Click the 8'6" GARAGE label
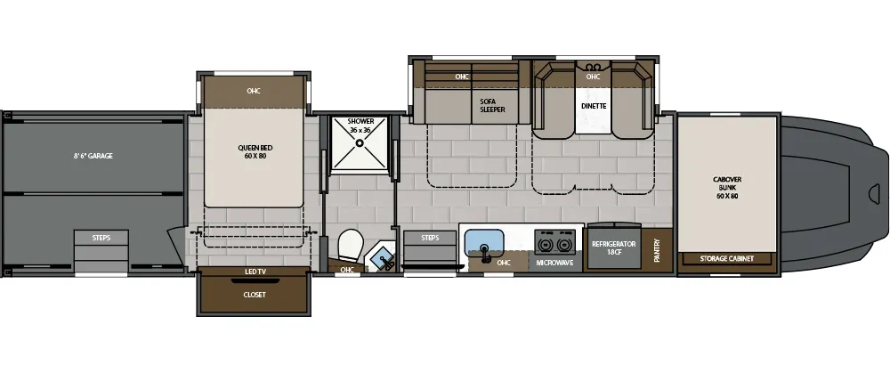[x=93, y=156]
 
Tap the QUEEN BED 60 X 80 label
[x=254, y=152]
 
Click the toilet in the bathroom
[x=351, y=244]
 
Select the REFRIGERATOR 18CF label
[x=613, y=247]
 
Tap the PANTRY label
[x=657, y=247]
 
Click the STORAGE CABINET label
[x=728, y=258]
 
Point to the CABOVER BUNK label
[x=728, y=187]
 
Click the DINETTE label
[x=594, y=106]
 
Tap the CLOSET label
[x=255, y=294]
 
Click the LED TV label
[x=255, y=272]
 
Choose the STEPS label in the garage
[x=101, y=237]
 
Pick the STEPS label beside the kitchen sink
[x=430, y=238]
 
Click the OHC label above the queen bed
[x=254, y=91]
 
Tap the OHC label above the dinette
[x=594, y=77]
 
